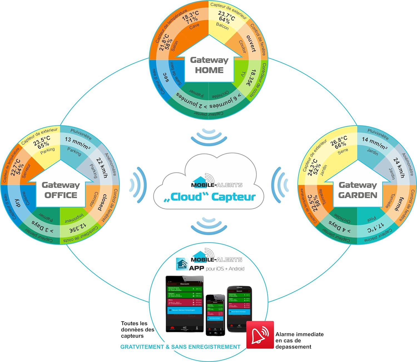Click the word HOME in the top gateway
pyautogui.click(x=209, y=70)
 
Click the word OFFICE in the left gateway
pyautogui.click(x=61, y=195)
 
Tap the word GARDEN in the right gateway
pyautogui.click(x=358, y=195)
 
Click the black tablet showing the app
pyautogui.click(x=185, y=304)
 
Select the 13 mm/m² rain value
pyautogui.click(x=77, y=143)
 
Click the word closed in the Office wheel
pyautogui.click(x=102, y=202)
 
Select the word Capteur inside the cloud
pyautogui.click(x=233, y=197)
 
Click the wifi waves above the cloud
pyautogui.click(x=209, y=136)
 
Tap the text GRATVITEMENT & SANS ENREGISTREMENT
pyautogui.click(x=180, y=347)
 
